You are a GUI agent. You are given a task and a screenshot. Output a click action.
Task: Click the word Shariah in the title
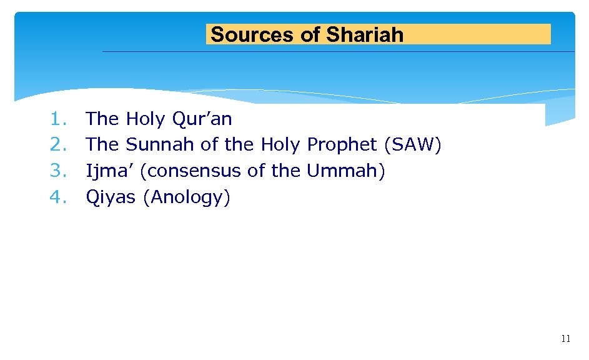365,34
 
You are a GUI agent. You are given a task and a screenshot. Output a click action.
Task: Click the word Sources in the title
254,34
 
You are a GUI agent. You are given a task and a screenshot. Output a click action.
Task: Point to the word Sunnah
161,144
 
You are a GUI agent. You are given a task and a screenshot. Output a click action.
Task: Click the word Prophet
342,144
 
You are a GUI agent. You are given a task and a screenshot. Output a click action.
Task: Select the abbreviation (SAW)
413,144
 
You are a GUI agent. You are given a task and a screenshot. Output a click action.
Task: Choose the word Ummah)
345,171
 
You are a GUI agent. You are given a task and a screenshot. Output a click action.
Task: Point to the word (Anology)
187,197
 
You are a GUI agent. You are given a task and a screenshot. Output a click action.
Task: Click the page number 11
565,339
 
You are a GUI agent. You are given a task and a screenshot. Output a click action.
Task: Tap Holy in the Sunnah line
280,144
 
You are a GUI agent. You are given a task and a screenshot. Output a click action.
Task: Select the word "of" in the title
310,34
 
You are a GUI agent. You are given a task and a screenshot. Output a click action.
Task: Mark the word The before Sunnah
102,144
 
